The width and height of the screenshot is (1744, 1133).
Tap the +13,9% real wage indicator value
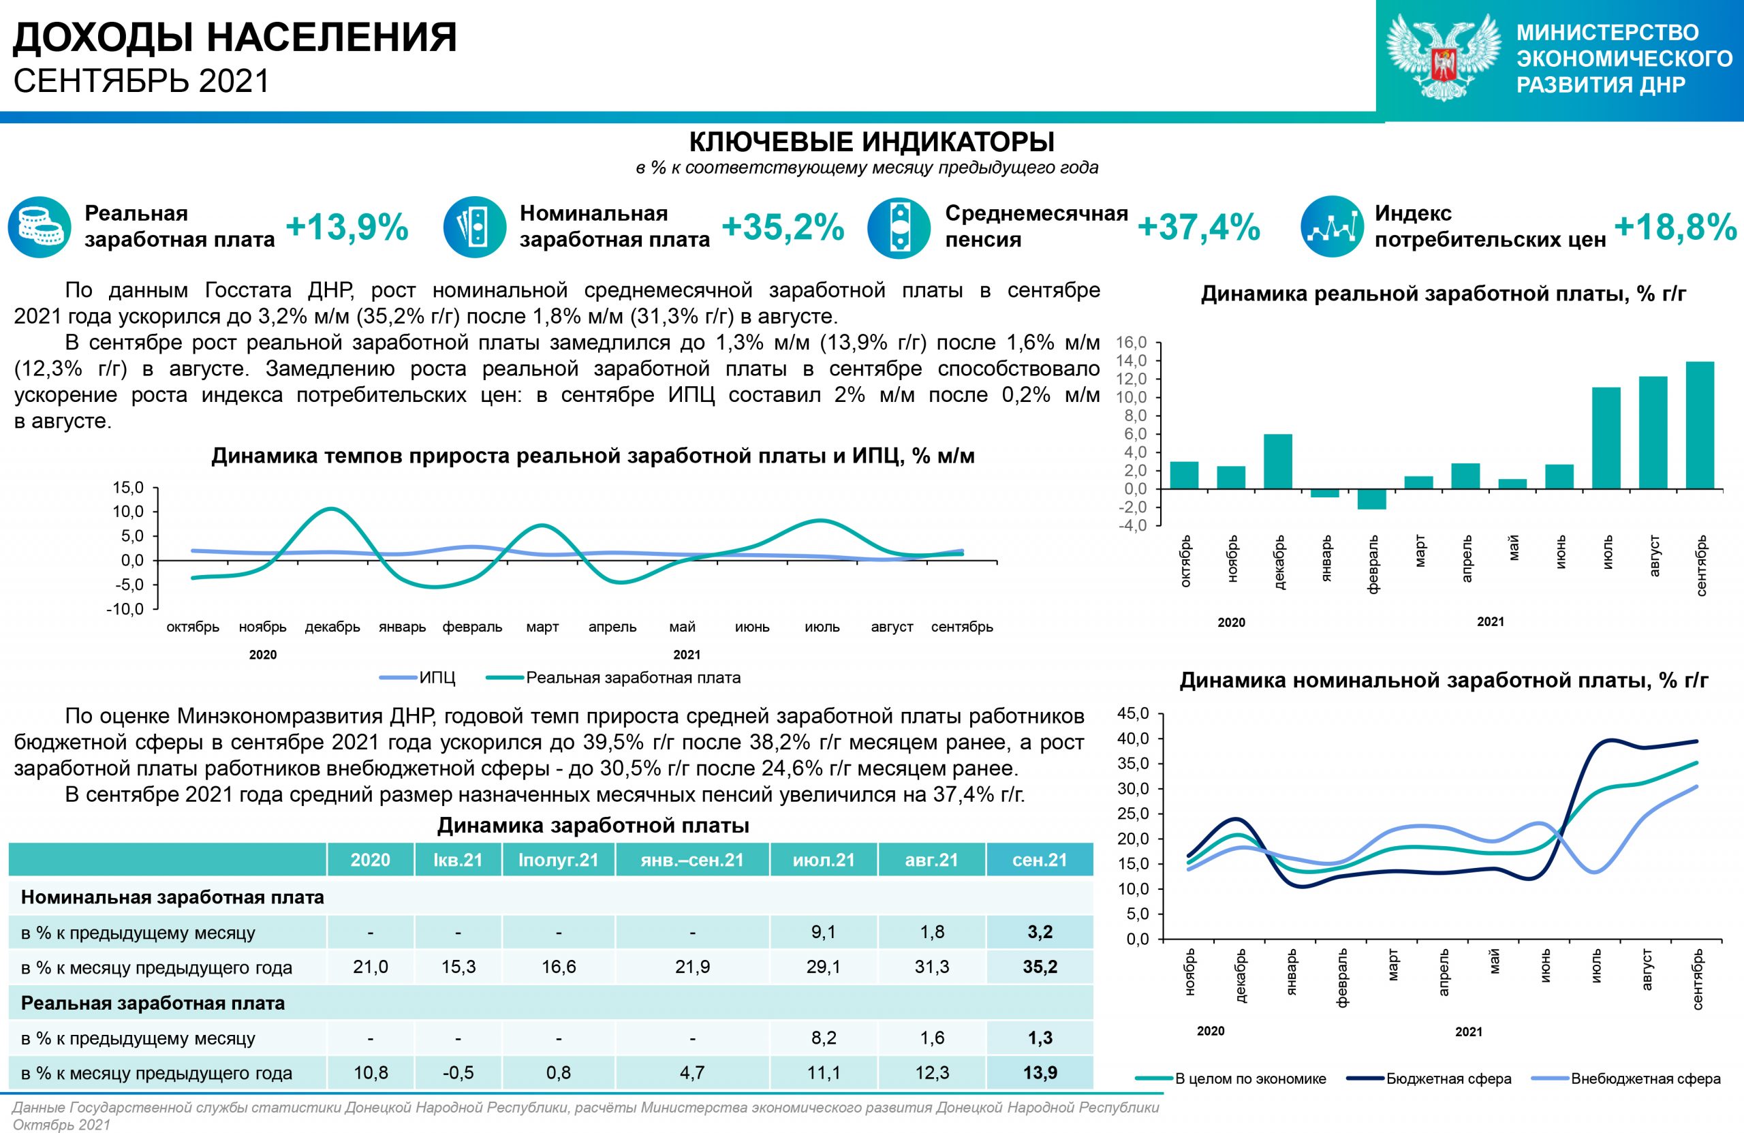coord(347,226)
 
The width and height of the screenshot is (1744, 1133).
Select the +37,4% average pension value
coord(1199,226)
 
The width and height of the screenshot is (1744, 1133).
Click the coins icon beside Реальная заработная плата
coord(39,226)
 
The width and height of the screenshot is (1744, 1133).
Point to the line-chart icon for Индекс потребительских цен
coord(1331,226)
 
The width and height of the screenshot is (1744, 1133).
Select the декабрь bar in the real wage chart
coord(1278,461)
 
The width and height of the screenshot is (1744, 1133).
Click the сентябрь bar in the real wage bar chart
coord(1700,425)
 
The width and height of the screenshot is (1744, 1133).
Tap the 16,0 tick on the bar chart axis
coord(1132,342)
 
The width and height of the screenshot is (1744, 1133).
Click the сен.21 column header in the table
coord(1039,860)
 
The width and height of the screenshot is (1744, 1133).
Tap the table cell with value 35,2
coord(1040,967)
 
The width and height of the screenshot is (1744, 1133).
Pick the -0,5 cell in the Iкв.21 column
coord(458,1073)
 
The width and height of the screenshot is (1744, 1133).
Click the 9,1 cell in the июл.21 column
coord(823,932)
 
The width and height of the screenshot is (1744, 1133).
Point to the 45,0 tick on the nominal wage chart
coord(1134,714)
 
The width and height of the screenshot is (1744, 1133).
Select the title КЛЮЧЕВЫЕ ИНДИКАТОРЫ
coord(871,141)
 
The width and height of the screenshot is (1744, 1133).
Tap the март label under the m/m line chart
coord(542,627)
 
